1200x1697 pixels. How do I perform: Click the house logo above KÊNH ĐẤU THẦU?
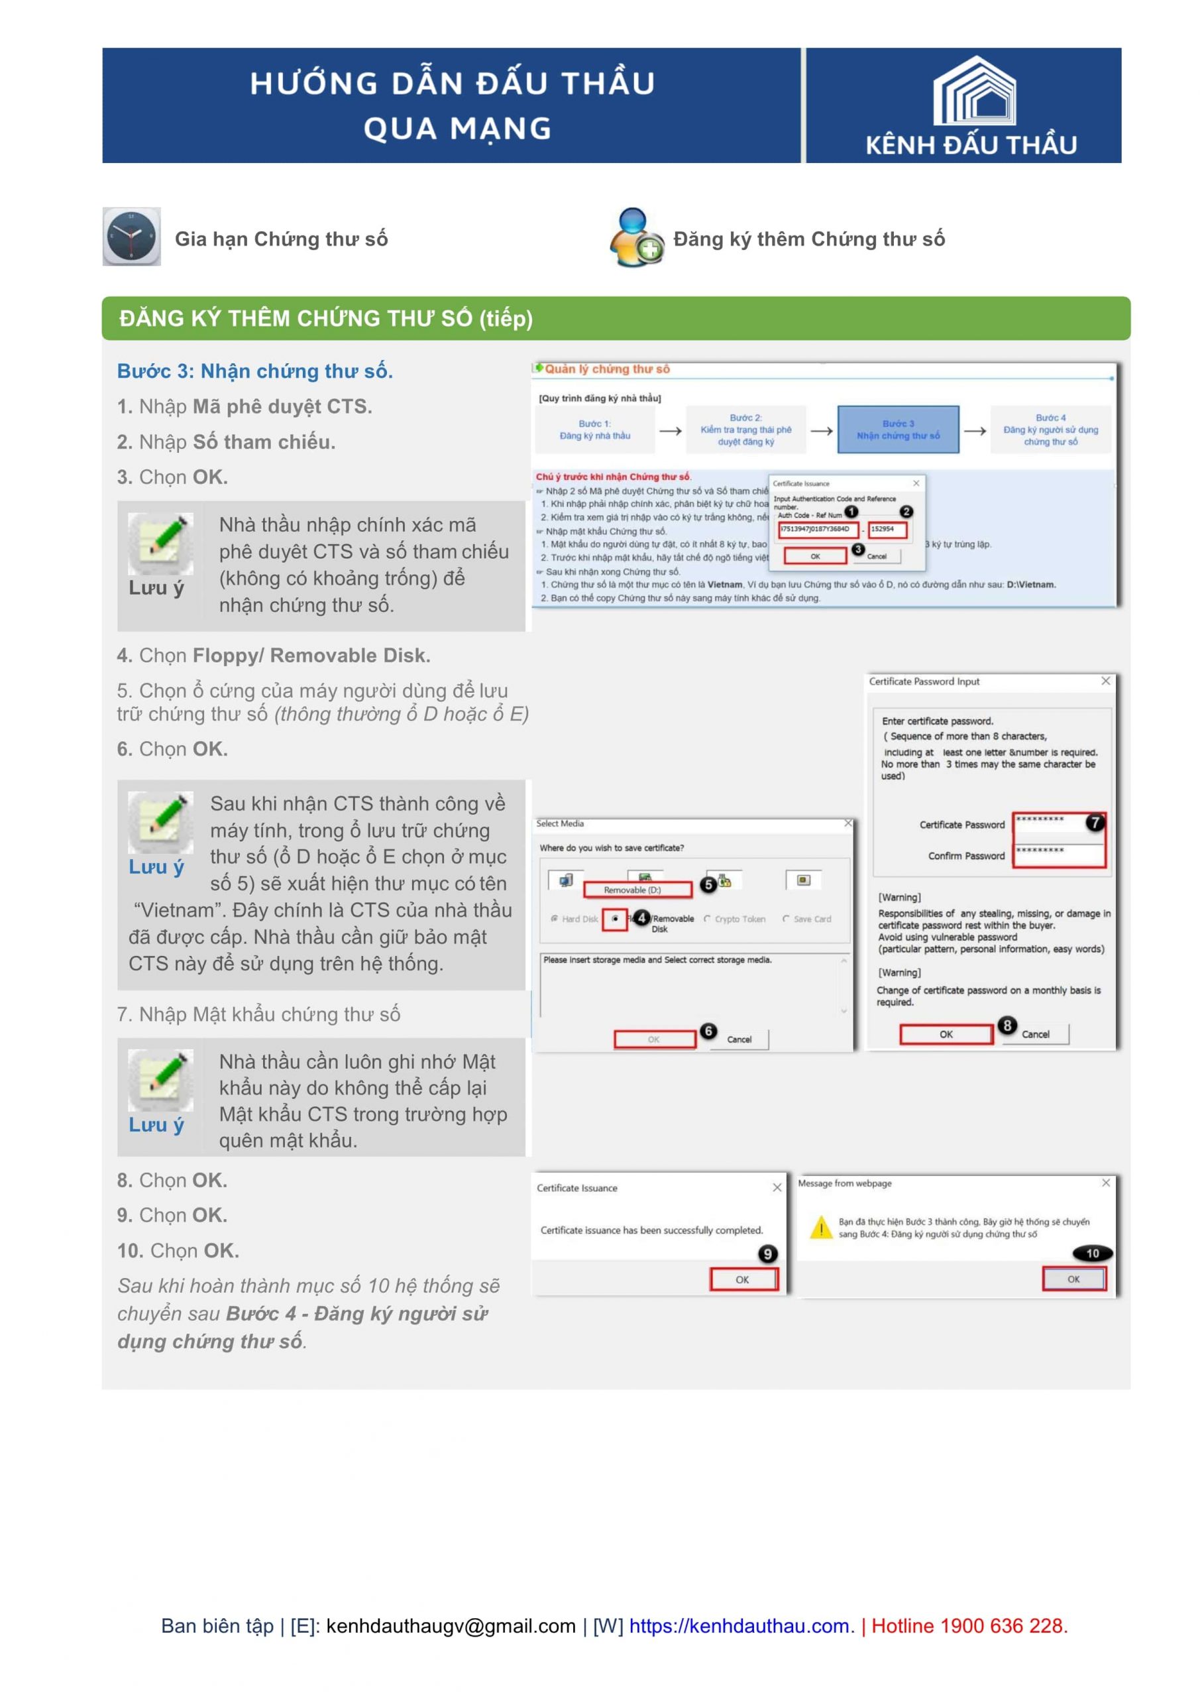pos(974,91)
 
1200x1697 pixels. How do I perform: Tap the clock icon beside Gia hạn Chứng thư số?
pos(131,237)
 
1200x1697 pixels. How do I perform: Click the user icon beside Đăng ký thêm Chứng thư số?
pos(635,237)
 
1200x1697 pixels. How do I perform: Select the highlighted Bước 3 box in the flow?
pos(898,430)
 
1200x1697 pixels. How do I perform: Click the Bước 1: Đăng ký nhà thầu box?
pos(595,430)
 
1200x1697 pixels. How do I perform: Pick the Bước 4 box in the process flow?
pos(1050,430)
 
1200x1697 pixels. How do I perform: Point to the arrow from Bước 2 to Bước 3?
pos(821,430)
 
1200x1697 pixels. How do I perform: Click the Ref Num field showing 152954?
pos(887,529)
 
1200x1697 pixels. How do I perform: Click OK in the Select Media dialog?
pos(654,1039)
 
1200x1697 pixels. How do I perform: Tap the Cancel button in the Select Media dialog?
pos(739,1039)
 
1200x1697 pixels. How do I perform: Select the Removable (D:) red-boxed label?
pos(637,890)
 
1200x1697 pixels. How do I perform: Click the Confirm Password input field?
pos(1058,854)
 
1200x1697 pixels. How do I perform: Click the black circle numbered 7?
pos(1095,822)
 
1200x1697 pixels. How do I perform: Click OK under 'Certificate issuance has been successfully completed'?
pos(743,1279)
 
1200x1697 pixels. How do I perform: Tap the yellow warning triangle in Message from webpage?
pos(821,1228)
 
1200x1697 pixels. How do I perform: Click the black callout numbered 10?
pos(1092,1253)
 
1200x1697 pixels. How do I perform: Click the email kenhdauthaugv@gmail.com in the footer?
pos(450,1626)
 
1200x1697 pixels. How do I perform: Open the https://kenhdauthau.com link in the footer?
pos(740,1626)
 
